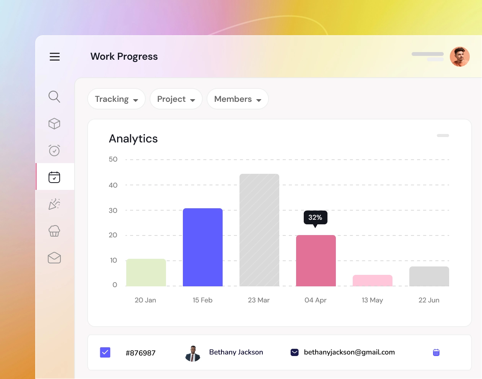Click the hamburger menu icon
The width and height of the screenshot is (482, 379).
(x=55, y=57)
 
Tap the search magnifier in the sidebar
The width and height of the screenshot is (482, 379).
(x=54, y=96)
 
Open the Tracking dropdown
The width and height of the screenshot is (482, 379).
(x=116, y=99)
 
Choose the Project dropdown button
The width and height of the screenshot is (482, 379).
(x=176, y=99)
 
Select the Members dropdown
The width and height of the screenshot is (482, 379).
(x=238, y=99)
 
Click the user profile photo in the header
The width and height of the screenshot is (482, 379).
(x=459, y=57)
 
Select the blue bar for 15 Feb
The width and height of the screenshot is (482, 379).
(x=203, y=247)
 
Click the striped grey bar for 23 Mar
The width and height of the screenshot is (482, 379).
(x=259, y=230)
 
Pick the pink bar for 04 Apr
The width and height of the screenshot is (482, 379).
(x=316, y=261)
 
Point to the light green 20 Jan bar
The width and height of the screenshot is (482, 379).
(x=146, y=273)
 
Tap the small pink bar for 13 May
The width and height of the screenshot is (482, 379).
(x=373, y=281)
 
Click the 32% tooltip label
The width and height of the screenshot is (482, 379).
(x=315, y=217)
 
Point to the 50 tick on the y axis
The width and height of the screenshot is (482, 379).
(x=113, y=159)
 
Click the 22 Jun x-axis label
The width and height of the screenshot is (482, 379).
(x=429, y=300)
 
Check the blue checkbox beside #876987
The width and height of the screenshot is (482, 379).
(x=105, y=352)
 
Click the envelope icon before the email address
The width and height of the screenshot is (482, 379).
(x=295, y=352)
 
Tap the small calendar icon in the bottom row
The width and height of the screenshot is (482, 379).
(x=436, y=352)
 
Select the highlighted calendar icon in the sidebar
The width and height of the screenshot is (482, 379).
(x=54, y=177)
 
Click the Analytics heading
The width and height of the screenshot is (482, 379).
(x=133, y=139)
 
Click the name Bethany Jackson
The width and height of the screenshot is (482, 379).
(x=236, y=352)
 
